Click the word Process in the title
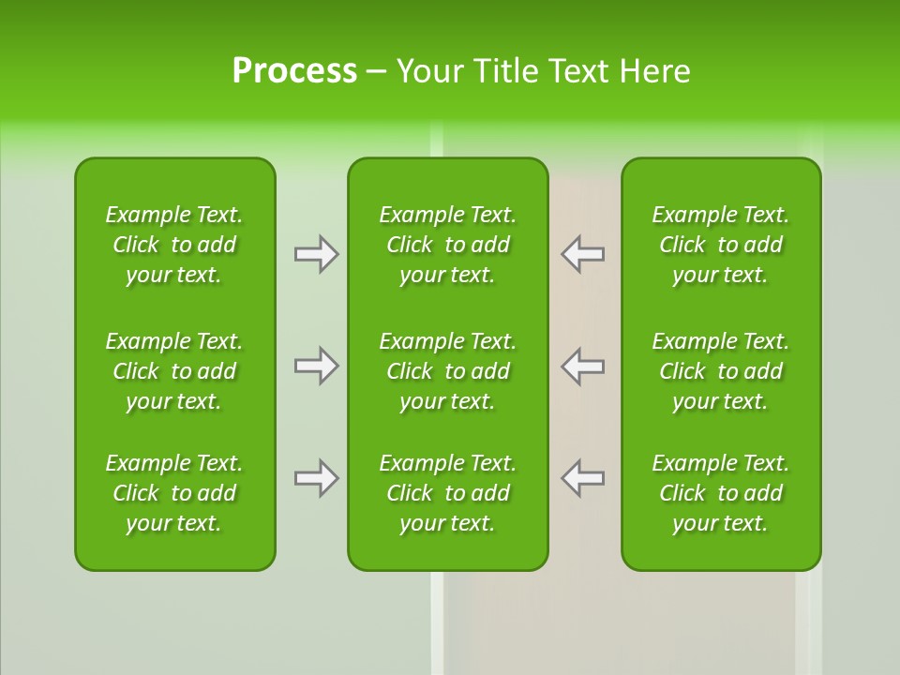[x=294, y=71]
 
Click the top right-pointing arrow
[x=316, y=254]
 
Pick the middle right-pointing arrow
[x=316, y=366]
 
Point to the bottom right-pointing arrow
[x=316, y=478]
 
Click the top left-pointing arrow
[x=583, y=254]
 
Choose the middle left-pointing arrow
[x=583, y=366]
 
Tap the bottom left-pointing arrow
[x=583, y=478]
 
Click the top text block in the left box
[x=174, y=245]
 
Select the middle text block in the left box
[x=174, y=371]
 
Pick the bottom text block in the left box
[x=174, y=493]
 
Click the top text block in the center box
[x=448, y=245]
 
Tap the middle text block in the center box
[x=448, y=371]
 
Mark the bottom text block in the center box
[x=448, y=493]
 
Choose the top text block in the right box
[x=721, y=245]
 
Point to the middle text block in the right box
[x=721, y=371]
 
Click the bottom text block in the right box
[x=721, y=493]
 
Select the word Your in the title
[x=427, y=71]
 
